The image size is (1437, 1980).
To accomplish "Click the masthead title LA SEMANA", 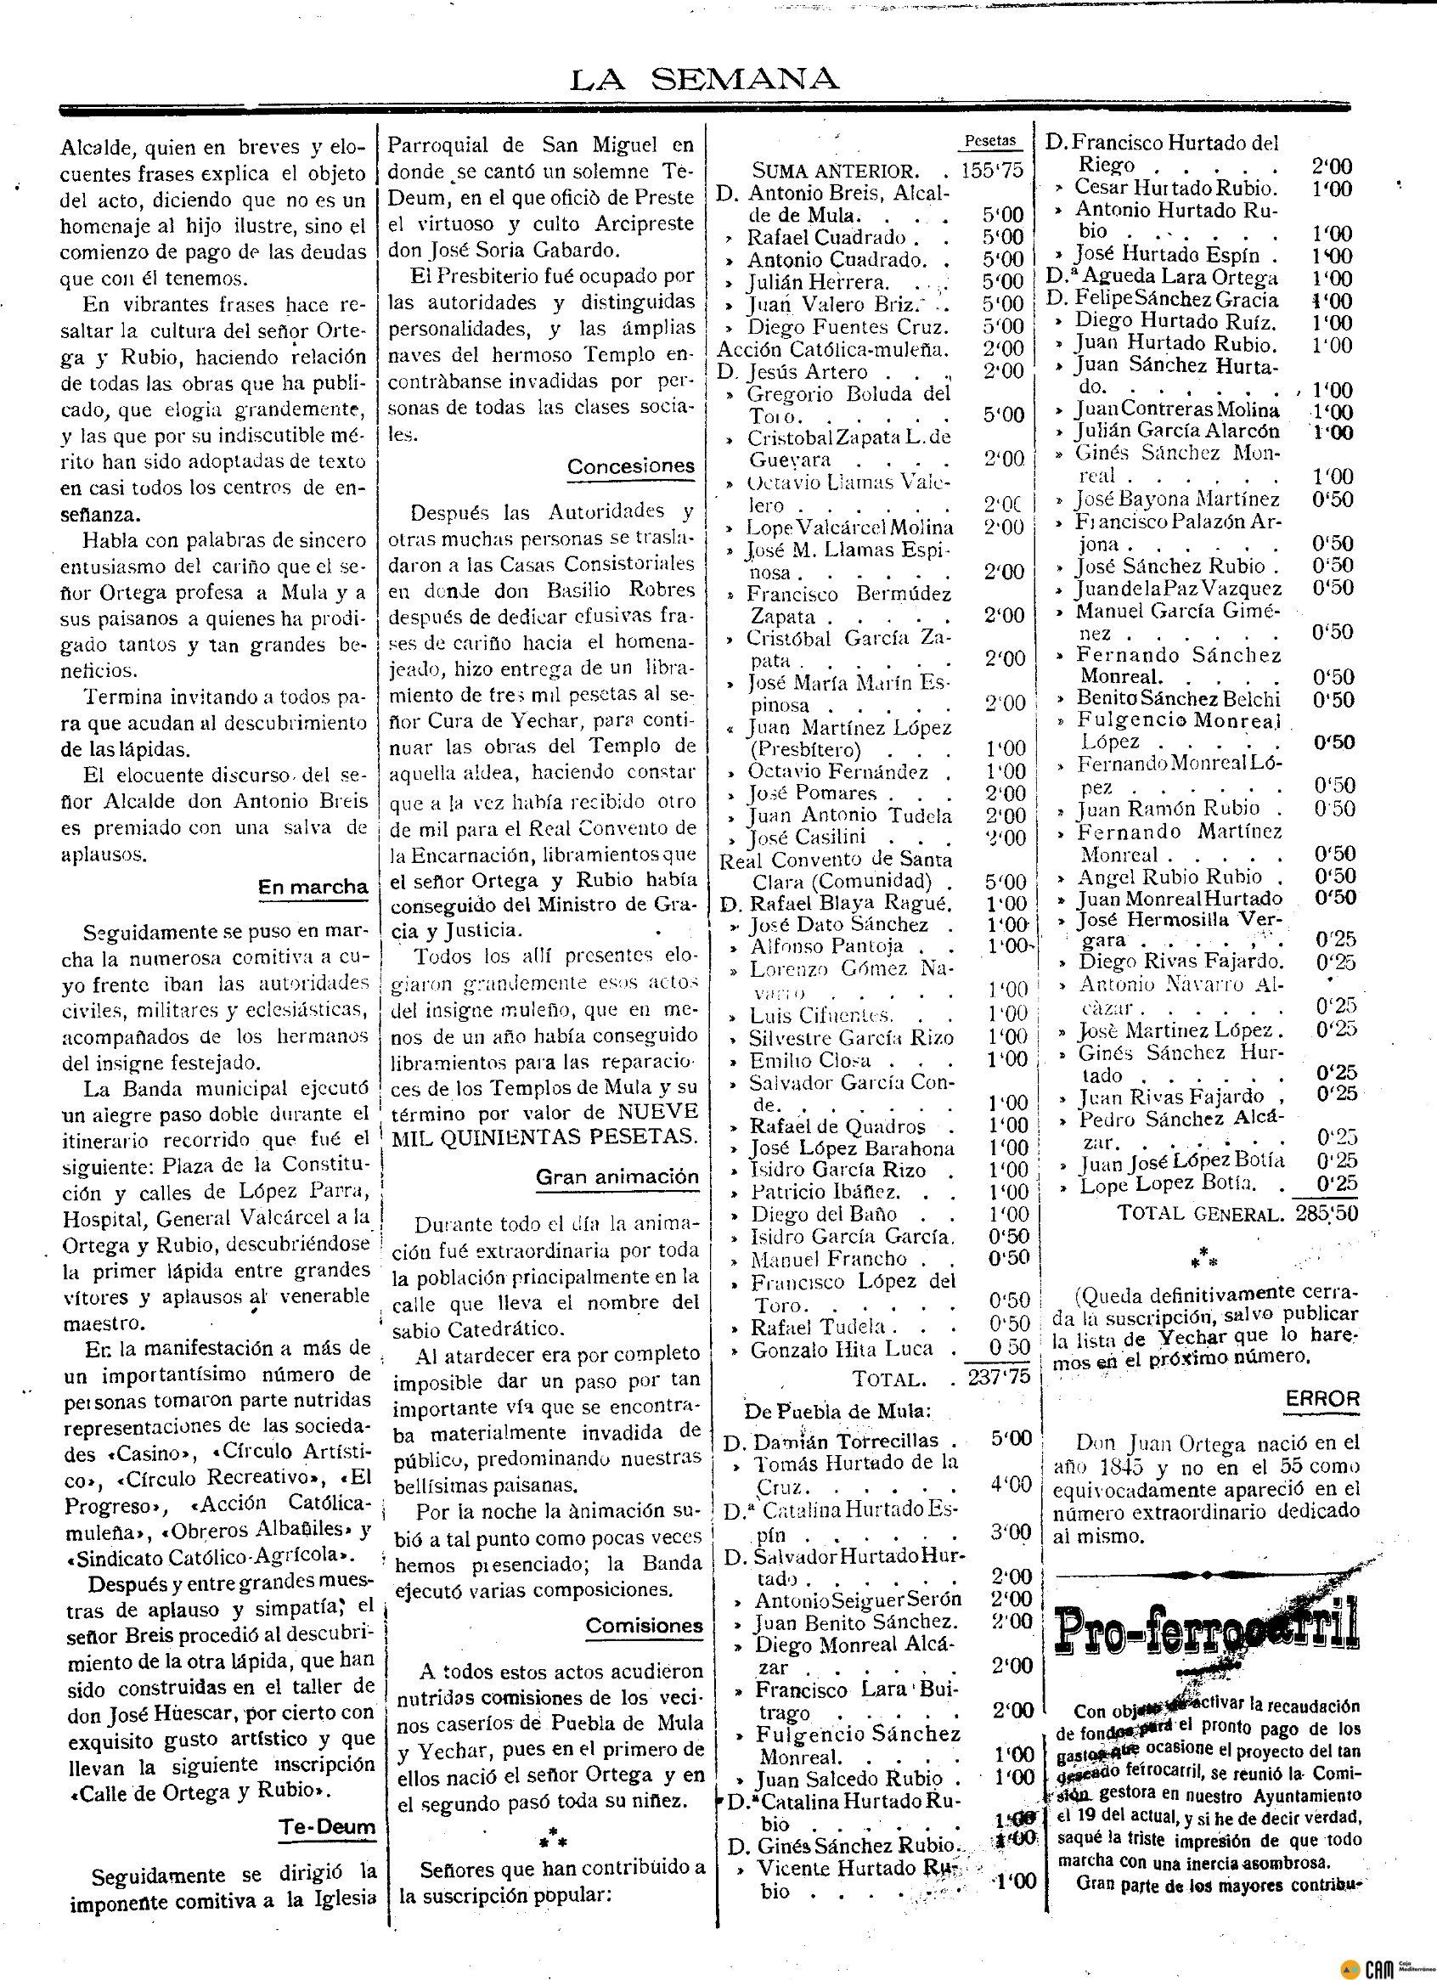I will point(704,81).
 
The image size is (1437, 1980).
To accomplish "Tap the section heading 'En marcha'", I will point(313,888).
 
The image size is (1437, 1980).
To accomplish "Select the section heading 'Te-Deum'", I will point(327,1827).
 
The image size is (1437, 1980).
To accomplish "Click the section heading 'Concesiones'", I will point(630,466).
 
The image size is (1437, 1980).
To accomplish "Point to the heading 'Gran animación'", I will point(617,1176).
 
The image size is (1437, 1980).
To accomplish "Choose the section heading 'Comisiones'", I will point(644,1625).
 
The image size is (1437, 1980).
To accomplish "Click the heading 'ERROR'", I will point(1321,1397).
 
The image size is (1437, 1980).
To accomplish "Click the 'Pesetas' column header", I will point(990,140).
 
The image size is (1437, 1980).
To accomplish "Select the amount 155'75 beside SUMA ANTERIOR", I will point(992,170).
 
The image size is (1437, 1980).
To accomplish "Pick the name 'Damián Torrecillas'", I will point(845,1441).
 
